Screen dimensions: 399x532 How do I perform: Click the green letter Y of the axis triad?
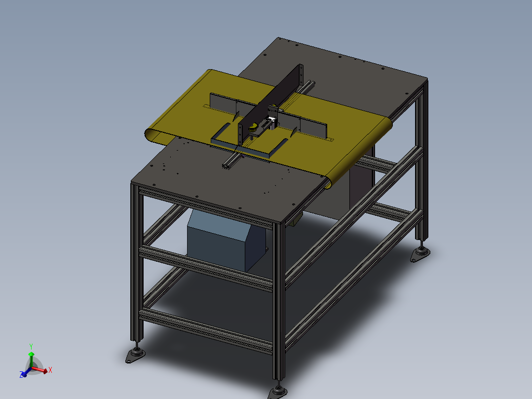tap(31, 346)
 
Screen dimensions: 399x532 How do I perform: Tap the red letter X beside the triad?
tap(50, 369)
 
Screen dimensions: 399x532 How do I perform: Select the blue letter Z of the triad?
tap(22, 375)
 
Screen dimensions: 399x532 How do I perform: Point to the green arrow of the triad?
tap(31, 358)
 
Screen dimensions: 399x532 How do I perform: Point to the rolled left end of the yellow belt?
tap(151, 135)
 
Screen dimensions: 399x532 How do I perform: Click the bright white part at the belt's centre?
tap(271, 120)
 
